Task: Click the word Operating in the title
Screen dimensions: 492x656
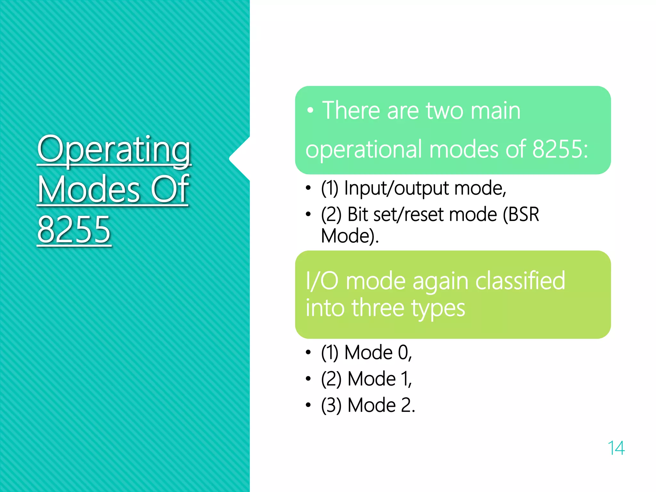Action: (x=114, y=150)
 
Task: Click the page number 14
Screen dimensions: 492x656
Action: (x=616, y=448)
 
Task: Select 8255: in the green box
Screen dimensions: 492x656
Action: (x=560, y=149)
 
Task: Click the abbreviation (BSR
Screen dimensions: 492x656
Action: (x=521, y=214)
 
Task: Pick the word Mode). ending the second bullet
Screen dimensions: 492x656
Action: (x=350, y=236)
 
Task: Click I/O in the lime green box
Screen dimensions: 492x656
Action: (x=322, y=281)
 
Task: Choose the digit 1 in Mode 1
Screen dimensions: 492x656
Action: (x=405, y=379)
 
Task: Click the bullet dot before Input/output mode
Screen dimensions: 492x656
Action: (x=308, y=188)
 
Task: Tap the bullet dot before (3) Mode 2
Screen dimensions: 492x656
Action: (x=308, y=405)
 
